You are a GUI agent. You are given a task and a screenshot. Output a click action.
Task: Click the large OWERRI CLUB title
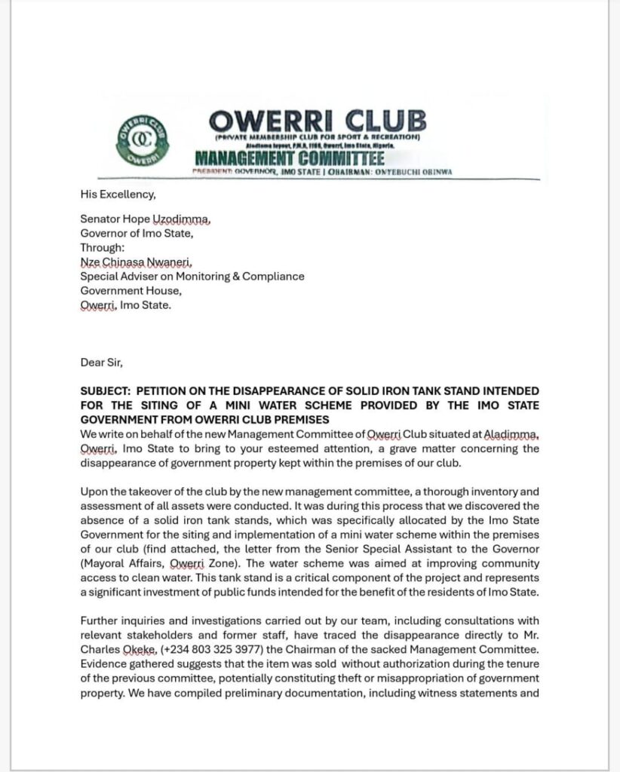(x=317, y=121)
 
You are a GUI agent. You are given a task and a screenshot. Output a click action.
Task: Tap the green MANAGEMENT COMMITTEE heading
(x=290, y=158)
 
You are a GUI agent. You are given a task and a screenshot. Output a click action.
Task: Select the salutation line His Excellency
(x=118, y=195)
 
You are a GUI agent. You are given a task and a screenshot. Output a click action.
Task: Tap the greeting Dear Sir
(x=101, y=362)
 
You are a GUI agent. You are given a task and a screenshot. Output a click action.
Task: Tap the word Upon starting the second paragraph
(x=94, y=492)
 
